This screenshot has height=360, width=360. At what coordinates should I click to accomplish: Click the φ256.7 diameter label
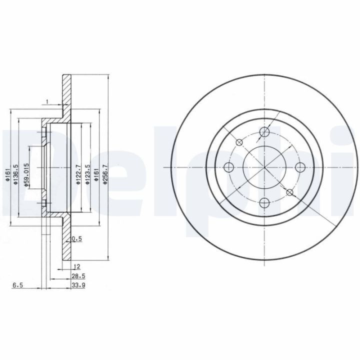click(105, 174)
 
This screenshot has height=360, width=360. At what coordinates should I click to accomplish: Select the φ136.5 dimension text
click(16, 174)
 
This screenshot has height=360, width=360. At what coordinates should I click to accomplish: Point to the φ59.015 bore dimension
click(26, 175)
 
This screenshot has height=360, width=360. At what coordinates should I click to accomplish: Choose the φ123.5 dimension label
click(87, 174)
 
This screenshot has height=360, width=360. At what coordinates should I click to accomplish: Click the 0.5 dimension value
click(76, 239)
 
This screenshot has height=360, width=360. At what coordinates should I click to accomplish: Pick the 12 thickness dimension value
click(77, 266)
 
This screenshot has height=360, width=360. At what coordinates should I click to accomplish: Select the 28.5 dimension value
click(78, 276)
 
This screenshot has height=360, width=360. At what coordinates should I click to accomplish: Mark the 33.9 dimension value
click(78, 285)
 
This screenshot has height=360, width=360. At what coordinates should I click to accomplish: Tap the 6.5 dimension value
click(17, 285)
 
